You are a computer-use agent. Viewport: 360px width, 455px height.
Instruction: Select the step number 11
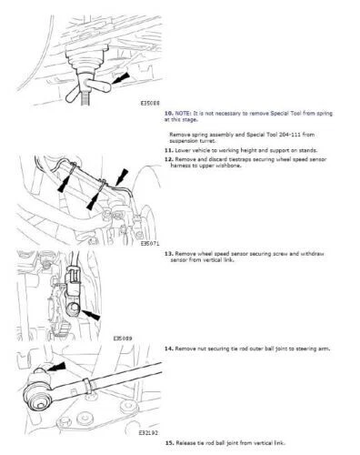coord(169,148)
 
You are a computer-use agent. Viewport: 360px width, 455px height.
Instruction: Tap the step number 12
coord(169,158)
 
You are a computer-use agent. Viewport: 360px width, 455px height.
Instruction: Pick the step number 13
coord(169,254)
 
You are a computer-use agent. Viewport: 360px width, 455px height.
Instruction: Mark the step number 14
coord(169,348)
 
